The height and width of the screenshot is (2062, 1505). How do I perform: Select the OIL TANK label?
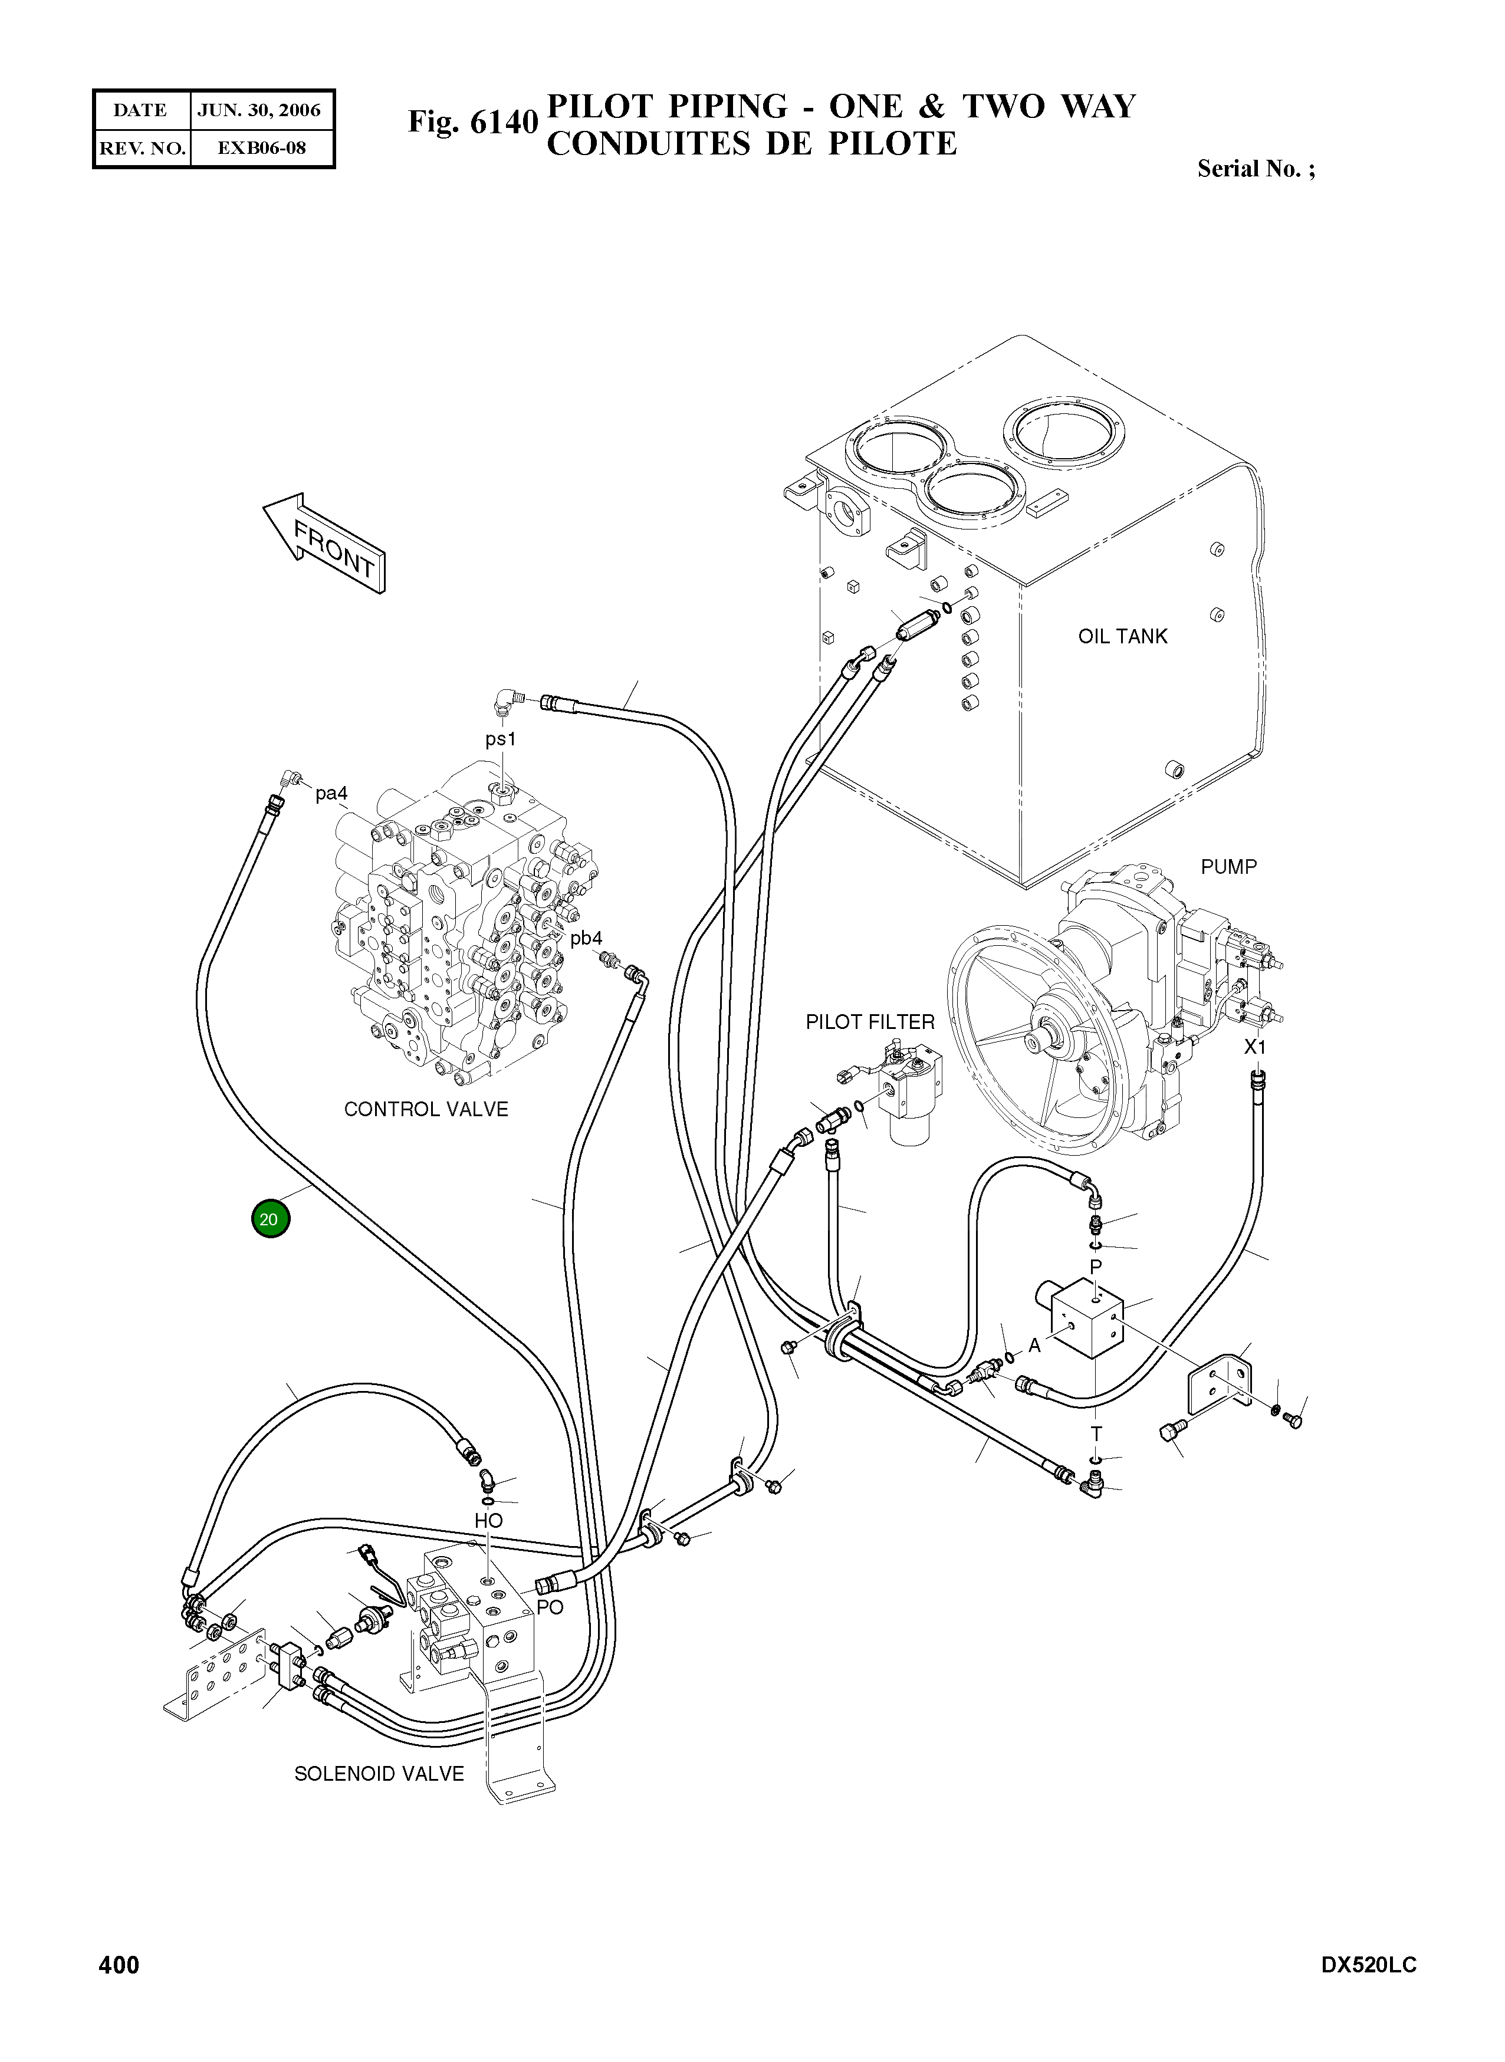click(x=1122, y=637)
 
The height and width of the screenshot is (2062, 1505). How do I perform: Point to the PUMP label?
click(x=1228, y=866)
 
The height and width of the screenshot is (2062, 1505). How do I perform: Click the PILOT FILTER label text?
click(x=870, y=1022)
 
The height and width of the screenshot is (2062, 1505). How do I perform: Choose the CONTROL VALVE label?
click(x=425, y=1109)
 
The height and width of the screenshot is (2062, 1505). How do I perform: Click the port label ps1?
click(x=500, y=739)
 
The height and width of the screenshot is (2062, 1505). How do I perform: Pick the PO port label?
click(x=550, y=1607)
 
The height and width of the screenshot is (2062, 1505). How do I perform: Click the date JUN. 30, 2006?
click(x=259, y=110)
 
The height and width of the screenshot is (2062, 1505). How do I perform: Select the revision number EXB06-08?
click(x=261, y=147)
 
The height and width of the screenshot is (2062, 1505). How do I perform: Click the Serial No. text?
click(x=1256, y=169)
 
